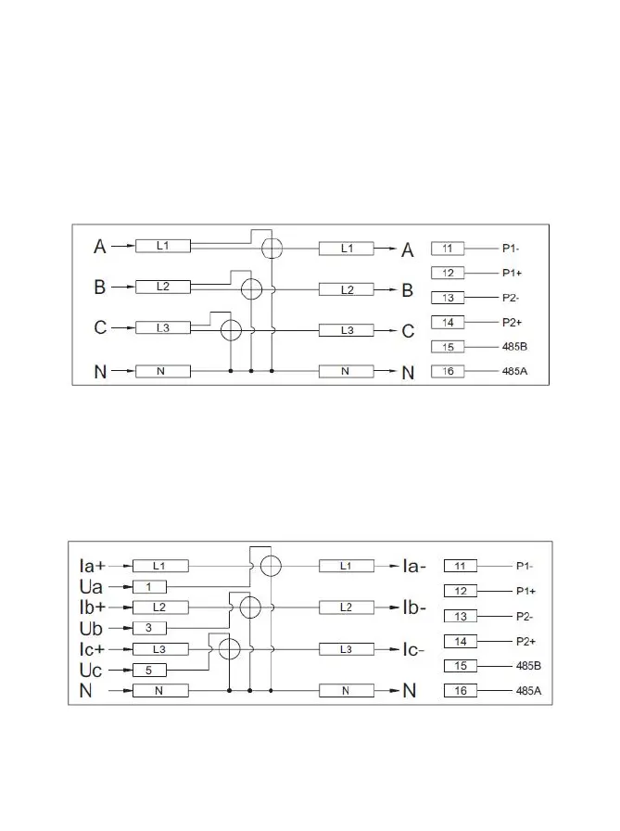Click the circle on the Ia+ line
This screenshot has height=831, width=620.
pos(270,566)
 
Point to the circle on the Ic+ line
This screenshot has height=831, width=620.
pos(229,648)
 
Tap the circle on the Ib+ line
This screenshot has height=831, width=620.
pos(249,607)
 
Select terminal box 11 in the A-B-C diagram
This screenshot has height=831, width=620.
pos(448,249)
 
